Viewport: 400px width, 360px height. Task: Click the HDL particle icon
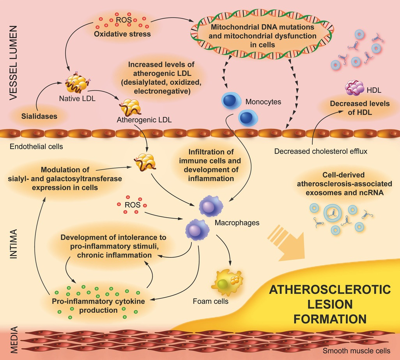pyautogui.click(x=354, y=88)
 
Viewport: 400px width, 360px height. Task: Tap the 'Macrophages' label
pyautogui.click(x=231, y=223)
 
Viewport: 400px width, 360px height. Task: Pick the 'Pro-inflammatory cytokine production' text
pyautogui.click(x=98, y=305)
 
